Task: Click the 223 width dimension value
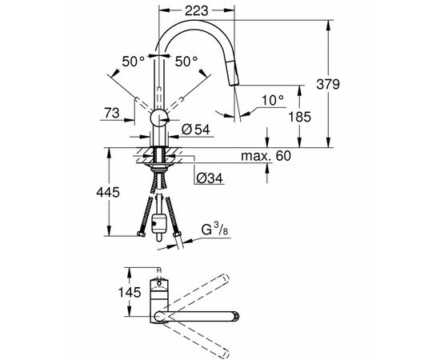[197, 10]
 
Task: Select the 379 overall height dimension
[328, 84]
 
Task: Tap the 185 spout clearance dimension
[300, 117]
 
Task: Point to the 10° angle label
[273, 100]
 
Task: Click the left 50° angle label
[134, 61]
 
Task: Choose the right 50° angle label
[186, 61]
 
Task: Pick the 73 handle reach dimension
[112, 113]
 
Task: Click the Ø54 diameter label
[195, 130]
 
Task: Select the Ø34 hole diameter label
[210, 178]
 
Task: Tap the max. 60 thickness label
[266, 156]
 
